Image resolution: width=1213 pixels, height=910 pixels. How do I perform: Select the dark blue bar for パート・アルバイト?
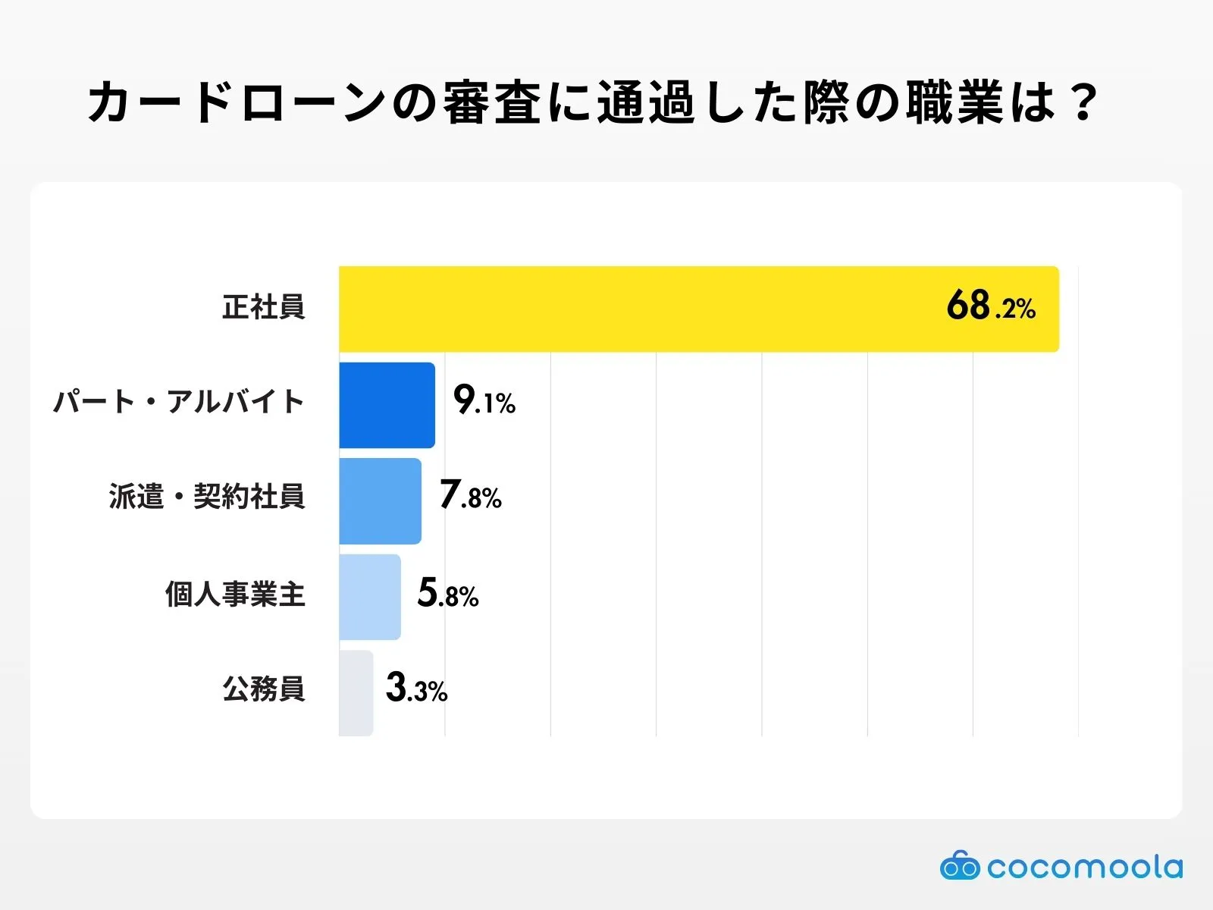(387, 405)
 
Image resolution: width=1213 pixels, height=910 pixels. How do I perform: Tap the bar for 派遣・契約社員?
(380, 500)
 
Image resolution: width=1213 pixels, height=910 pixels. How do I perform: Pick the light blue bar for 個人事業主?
(370, 597)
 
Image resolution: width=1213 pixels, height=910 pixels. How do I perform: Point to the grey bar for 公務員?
(356, 692)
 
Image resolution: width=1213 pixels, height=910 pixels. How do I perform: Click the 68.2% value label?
(990, 306)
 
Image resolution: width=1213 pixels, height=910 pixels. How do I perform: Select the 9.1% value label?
(484, 400)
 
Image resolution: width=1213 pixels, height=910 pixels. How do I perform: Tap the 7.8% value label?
(470, 496)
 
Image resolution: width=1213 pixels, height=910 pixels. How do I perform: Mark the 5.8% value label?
(447, 594)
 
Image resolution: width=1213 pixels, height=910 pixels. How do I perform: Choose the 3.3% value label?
(416, 689)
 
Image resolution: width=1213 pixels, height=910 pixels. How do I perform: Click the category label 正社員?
(263, 307)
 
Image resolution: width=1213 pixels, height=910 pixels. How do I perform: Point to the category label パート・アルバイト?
(179, 401)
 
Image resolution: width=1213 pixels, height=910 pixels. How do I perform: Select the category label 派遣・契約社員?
(207, 497)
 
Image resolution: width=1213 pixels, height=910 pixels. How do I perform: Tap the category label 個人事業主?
(235, 594)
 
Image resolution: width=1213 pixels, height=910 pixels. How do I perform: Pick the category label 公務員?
(263, 689)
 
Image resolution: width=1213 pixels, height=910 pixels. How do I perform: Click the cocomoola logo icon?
(959, 866)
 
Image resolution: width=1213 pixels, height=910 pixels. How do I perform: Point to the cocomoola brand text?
(1084, 867)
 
